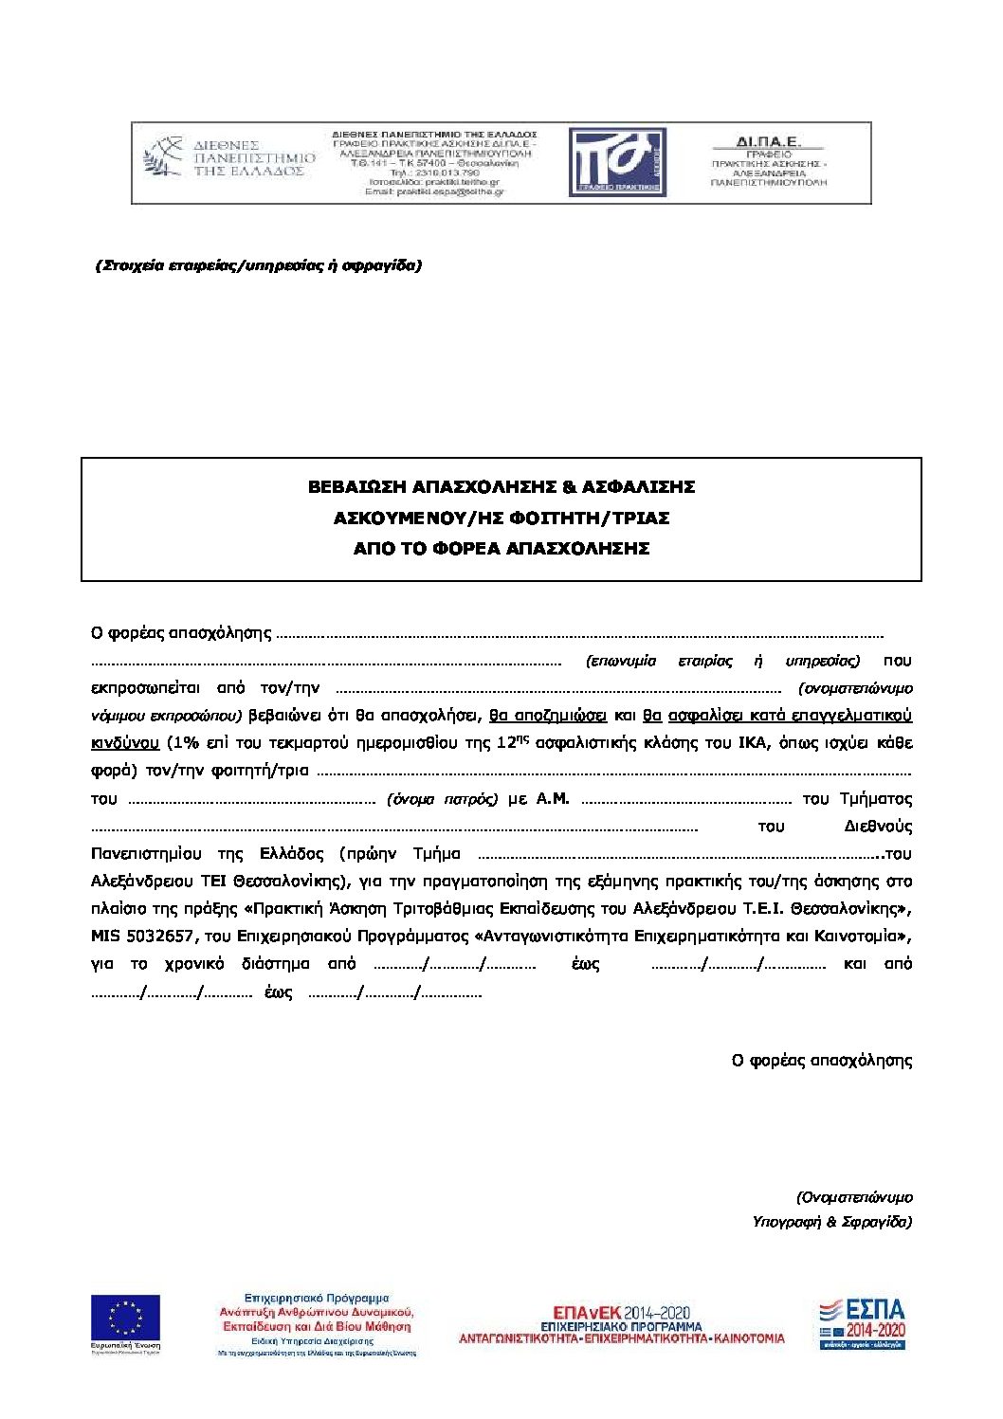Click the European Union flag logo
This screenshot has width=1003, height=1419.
tap(125, 1319)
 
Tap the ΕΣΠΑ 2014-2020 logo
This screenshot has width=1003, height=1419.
tap(862, 1323)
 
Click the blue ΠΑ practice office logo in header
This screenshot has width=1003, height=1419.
tap(617, 162)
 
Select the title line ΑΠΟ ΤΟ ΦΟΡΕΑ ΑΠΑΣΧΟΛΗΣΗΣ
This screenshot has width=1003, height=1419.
tap(501, 549)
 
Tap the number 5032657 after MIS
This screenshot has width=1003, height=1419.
tap(166, 937)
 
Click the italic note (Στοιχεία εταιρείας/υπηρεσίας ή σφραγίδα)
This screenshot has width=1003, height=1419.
tap(258, 265)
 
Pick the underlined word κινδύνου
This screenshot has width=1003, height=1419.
tap(124, 743)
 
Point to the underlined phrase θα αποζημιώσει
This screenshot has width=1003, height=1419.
tap(547, 716)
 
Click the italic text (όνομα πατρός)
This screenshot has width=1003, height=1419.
tap(442, 799)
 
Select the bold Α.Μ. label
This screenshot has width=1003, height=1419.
tap(553, 799)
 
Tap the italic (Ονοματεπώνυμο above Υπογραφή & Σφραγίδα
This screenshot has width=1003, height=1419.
tap(854, 1197)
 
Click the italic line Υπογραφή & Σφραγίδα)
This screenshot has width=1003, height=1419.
tap(831, 1222)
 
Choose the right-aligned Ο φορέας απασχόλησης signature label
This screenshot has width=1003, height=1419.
tap(821, 1061)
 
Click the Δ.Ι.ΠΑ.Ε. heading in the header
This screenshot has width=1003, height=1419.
tap(768, 142)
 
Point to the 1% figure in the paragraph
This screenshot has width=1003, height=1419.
tap(182, 743)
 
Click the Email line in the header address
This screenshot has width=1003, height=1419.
tap(434, 191)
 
